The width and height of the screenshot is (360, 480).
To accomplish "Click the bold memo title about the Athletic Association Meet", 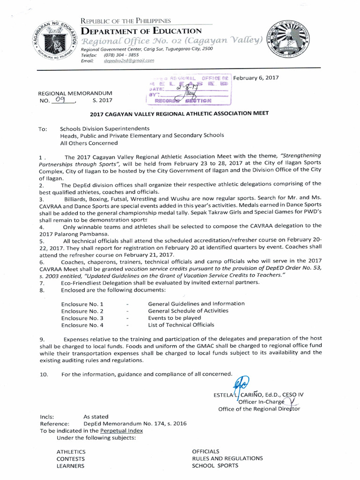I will click(x=180, y=114).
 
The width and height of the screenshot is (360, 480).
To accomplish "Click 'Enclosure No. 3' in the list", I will click(x=82, y=318).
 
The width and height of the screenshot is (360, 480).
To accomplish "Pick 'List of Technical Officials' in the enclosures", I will click(x=181, y=324).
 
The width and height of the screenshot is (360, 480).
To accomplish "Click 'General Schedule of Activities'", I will click(x=188, y=310).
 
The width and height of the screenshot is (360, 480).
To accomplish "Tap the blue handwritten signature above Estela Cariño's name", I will click(x=243, y=383).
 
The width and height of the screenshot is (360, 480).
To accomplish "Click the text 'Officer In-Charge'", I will click(x=259, y=402).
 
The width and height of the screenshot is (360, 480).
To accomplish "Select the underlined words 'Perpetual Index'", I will click(x=121, y=430).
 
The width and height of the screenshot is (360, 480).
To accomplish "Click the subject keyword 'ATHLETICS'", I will click(x=71, y=451).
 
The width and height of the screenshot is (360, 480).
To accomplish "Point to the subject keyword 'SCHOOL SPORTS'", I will click(x=215, y=465).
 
